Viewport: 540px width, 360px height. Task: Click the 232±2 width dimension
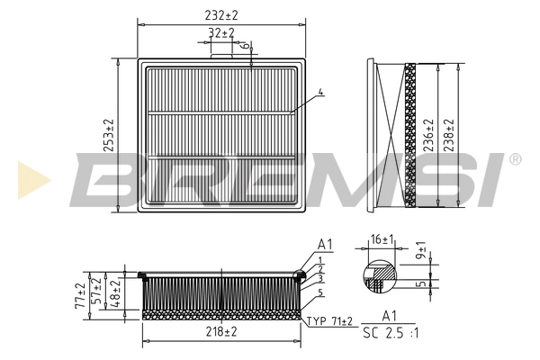click(x=221, y=15)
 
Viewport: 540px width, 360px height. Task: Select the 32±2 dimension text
click(x=221, y=33)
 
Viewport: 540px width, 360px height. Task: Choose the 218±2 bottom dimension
click(x=221, y=332)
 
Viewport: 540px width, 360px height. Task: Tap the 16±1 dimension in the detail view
click(x=382, y=238)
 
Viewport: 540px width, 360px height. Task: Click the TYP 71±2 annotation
click(x=330, y=320)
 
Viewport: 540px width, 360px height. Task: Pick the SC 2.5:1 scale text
click(x=390, y=333)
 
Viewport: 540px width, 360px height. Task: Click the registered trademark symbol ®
click(x=514, y=160)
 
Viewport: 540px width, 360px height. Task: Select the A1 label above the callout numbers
click(x=325, y=244)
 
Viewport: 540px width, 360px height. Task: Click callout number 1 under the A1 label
click(x=320, y=259)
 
